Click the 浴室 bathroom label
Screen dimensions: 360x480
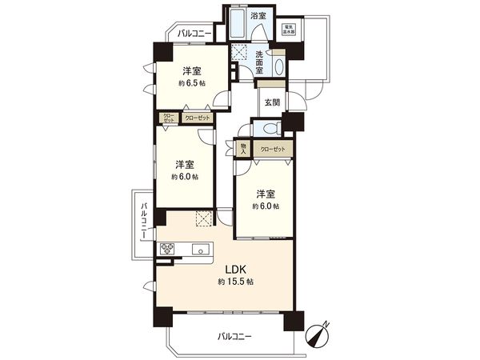coord(258,15)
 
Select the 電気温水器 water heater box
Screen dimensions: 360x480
coord(289,30)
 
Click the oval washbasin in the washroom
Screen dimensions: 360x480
coord(278,66)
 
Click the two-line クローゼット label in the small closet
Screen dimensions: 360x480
coord(169,118)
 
